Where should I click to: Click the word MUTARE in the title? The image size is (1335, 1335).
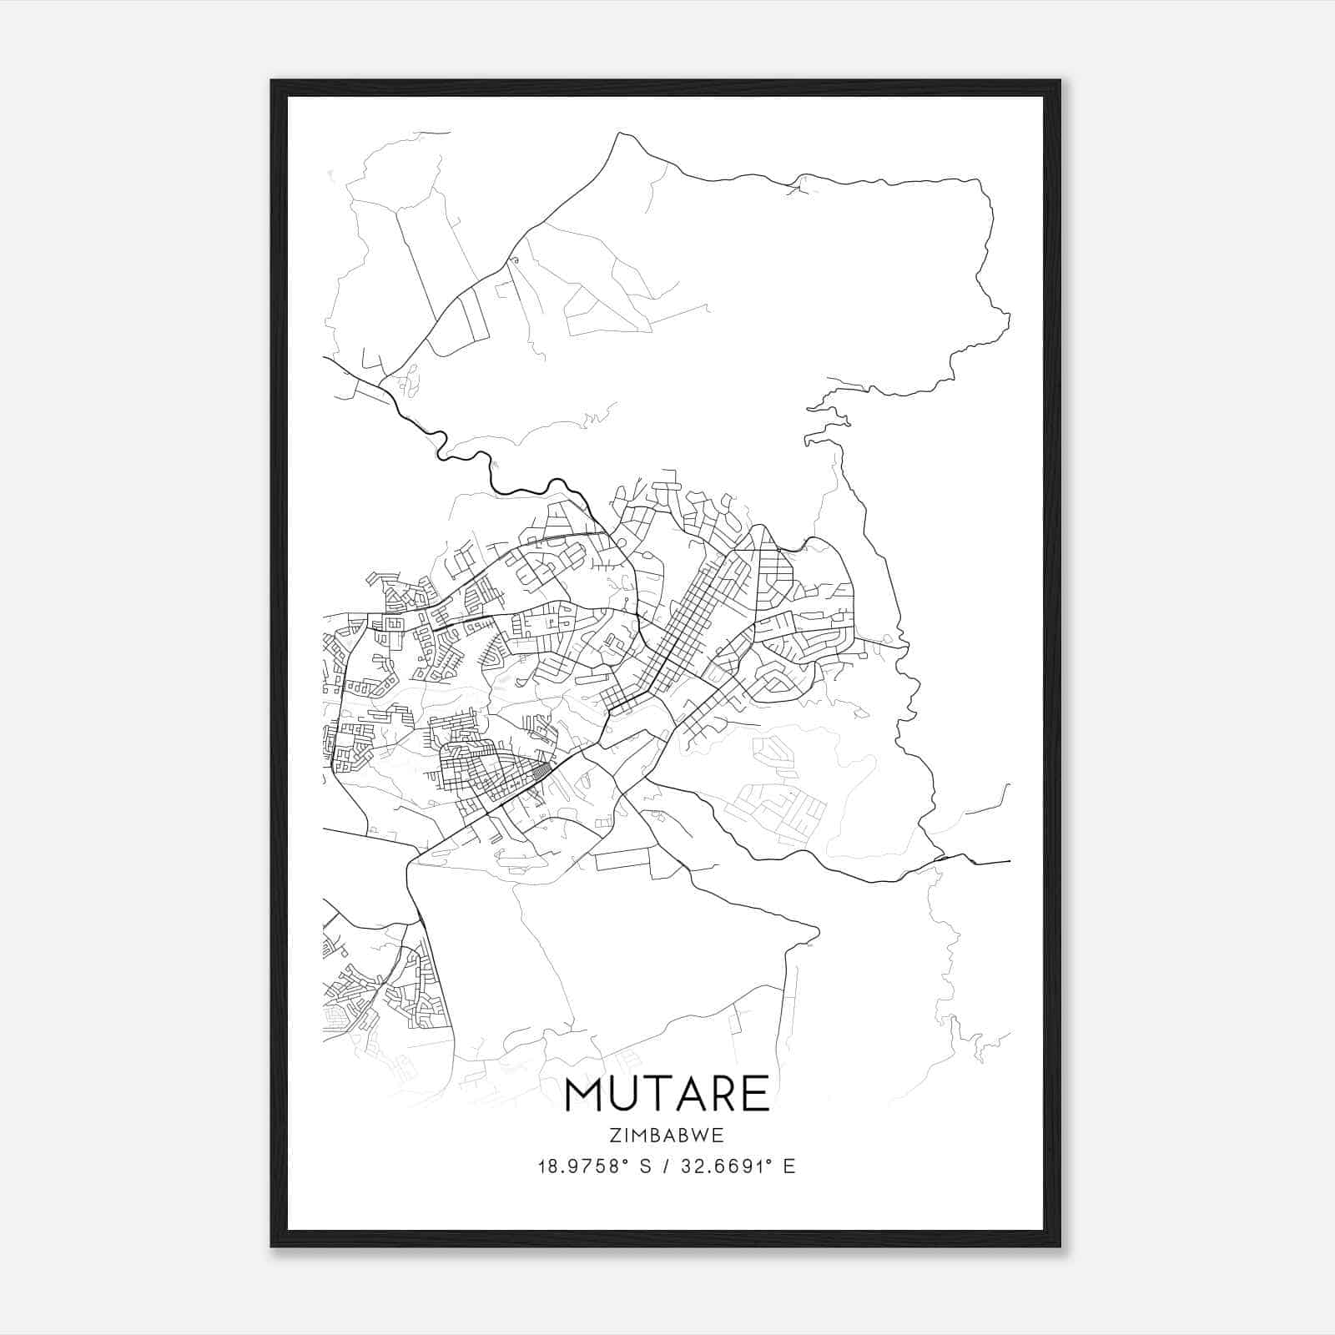pyautogui.click(x=667, y=1094)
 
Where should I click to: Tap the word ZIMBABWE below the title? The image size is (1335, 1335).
pyautogui.click(x=667, y=1136)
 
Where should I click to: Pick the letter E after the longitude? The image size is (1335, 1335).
pyautogui.click(x=789, y=1166)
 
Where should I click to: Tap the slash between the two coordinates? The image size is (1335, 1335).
pyautogui.click(x=665, y=1166)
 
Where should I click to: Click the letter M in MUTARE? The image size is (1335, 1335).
pyautogui.click(x=583, y=1094)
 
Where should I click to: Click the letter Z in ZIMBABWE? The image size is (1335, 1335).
pyautogui.click(x=614, y=1136)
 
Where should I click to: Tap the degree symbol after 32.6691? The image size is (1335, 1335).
pyautogui.click(x=766, y=1161)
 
